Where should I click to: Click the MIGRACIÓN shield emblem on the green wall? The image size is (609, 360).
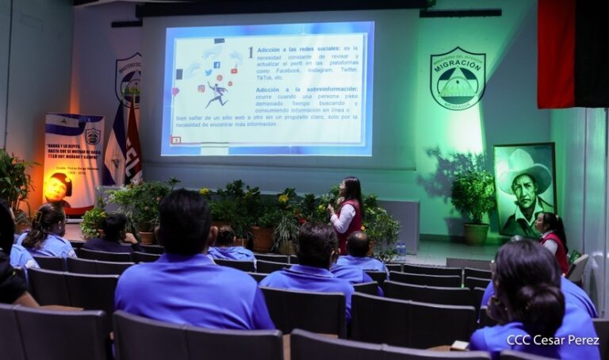(x=458, y=79)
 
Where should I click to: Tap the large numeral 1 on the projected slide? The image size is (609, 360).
(x=251, y=52)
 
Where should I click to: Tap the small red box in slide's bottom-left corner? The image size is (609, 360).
(x=176, y=140)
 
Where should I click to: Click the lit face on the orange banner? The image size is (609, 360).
(x=56, y=187)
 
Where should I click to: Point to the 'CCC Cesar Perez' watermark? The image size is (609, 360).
(x=553, y=339)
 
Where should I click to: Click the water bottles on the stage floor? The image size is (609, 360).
(x=401, y=252)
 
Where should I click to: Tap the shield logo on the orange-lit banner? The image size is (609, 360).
(x=93, y=136)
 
